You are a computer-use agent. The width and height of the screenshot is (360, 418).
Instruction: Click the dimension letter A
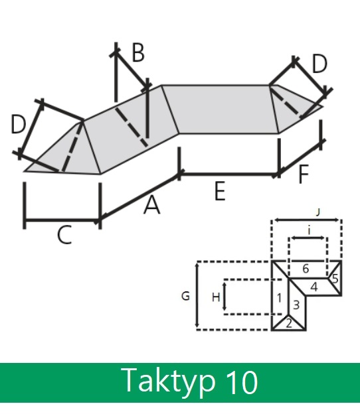152,205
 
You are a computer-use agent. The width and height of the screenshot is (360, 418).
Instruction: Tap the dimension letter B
138,53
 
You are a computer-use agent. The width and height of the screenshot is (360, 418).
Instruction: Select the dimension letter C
64,235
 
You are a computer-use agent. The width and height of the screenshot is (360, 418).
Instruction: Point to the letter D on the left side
19,124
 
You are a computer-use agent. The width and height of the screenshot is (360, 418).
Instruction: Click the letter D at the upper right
319,64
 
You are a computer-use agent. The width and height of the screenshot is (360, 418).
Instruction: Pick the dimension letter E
220,190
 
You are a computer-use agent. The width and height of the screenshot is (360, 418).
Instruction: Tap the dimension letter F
304,174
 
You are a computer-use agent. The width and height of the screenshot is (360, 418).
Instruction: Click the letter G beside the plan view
185,296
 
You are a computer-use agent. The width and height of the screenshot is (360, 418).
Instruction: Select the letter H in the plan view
216,297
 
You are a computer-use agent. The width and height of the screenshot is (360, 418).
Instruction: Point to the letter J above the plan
317,212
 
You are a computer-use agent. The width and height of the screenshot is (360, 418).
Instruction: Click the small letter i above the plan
309,230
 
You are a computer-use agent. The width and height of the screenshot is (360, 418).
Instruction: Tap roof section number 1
279,298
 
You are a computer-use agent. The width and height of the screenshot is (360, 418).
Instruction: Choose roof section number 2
289,324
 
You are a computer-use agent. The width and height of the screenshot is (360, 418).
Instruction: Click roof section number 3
296,305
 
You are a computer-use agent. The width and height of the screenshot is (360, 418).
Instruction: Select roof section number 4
314,287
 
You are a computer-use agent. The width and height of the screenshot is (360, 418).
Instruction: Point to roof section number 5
335,279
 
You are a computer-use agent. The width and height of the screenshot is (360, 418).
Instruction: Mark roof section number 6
306,269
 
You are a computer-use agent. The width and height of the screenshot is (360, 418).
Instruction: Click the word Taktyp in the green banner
169,382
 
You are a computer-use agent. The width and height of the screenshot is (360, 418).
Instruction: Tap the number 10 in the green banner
242,382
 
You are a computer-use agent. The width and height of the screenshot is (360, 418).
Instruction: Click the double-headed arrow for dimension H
225,297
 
